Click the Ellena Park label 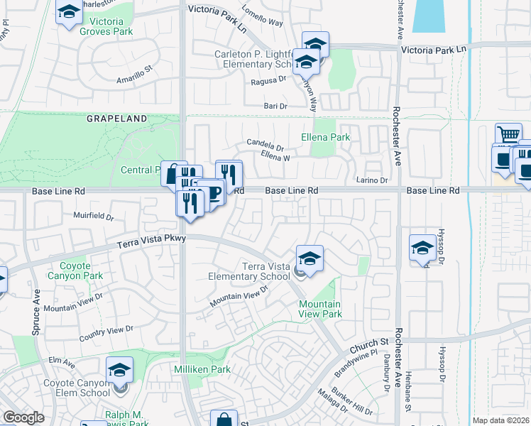coord(326,137)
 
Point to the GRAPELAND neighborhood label coord(117,119)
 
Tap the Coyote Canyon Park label coord(75,271)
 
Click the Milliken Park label coord(202,370)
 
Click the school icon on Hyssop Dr coord(422,248)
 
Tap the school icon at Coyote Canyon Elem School coord(119,371)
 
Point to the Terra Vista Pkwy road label coord(152,242)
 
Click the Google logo coord(23,417)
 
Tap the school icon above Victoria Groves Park coord(69,13)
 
